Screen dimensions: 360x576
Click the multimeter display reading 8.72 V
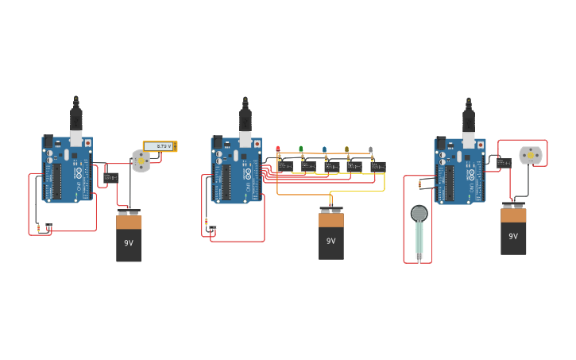click(160, 146)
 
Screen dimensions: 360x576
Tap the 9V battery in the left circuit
click(129, 236)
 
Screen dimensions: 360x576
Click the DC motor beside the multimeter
click(141, 161)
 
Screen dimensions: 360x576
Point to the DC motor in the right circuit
click(530, 155)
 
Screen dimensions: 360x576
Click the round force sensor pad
click(419, 213)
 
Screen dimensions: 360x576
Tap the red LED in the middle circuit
click(278, 149)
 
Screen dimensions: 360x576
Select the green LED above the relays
click(301, 149)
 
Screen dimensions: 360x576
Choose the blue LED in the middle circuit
click(324, 149)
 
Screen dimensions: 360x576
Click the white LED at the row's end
click(370, 149)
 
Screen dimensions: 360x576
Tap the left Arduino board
click(67, 168)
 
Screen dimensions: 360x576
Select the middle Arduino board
click(236, 168)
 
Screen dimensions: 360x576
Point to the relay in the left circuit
click(111, 177)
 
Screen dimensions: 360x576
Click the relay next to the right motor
click(504, 162)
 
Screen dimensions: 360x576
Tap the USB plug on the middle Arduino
click(245, 119)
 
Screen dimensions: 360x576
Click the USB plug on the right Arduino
click(469, 119)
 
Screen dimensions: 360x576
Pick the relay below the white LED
click(378, 167)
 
